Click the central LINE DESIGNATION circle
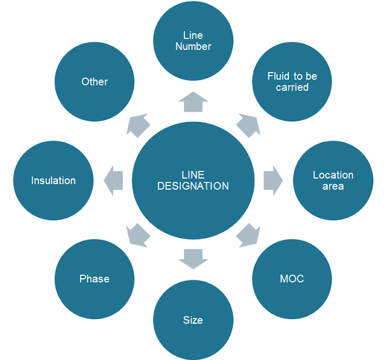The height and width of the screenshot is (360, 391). pyautogui.click(x=193, y=180)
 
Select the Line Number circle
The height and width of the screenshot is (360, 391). pyautogui.click(x=193, y=41)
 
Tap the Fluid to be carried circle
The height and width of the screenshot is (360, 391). pyautogui.click(x=292, y=82)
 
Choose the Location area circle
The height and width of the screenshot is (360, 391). pyautogui.click(x=333, y=181)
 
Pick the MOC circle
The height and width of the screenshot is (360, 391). pyautogui.click(x=292, y=279)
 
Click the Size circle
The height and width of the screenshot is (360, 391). pyautogui.click(x=193, y=320)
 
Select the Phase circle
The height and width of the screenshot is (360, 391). pyautogui.click(x=94, y=279)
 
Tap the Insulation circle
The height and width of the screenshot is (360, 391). pyautogui.click(x=53, y=181)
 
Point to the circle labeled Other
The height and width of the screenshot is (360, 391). pyautogui.click(x=94, y=82)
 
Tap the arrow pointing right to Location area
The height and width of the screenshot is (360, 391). pyautogui.click(x=272, y=181)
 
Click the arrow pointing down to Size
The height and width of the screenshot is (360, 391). pyautogui.click(x=193, y=259)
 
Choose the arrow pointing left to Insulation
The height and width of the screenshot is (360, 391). pyautogui.click(x=114, y=181)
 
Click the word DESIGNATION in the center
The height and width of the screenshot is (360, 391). pyautogui.click(x=193, y=186)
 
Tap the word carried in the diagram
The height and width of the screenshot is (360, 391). pyautogui.click(x=292, y=87)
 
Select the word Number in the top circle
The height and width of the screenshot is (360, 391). pyautogui.click(x=193, y=46)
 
